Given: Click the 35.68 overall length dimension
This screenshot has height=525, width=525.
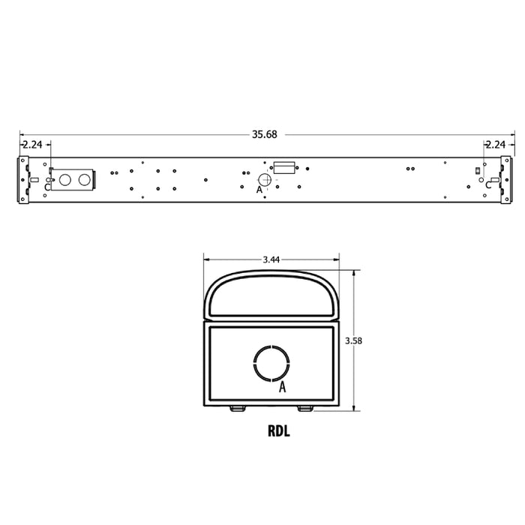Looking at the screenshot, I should pos(264,135).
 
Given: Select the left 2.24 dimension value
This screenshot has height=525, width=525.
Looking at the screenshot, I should pos(31,145).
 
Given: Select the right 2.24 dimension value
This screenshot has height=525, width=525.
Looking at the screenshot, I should pos(496,145).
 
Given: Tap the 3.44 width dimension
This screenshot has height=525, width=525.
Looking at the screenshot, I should pos(271,259).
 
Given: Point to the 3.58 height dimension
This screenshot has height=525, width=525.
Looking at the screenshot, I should pos(353,340).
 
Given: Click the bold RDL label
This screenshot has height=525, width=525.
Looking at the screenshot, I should pos(278,431).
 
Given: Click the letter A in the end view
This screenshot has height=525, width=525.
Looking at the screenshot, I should pos(283,388).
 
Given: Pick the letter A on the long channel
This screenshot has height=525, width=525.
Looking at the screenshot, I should pos(259,190).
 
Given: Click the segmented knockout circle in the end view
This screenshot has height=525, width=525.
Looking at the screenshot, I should pos(271,363).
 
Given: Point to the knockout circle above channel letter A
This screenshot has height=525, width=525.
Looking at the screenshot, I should pos(265,179).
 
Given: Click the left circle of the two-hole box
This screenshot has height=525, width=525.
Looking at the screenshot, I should pos(65,181).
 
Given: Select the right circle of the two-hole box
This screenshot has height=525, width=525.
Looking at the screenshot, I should pos(82,181).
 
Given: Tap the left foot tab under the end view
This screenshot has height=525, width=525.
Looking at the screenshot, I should pos(237,407).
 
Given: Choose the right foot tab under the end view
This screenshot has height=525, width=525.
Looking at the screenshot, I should pos(305,407).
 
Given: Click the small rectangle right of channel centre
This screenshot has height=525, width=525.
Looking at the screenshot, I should pos(283,166).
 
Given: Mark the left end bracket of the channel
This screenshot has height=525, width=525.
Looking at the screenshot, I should pos(24,180).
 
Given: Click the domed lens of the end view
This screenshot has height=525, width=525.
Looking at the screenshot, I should pos(271,295).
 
